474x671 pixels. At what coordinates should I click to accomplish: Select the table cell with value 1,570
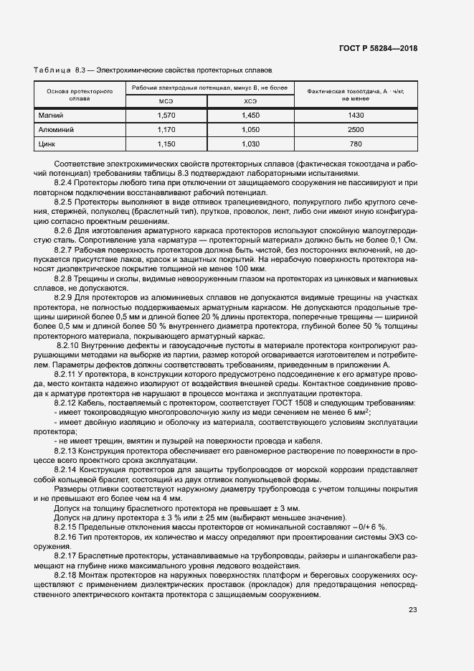(x=166, y=116)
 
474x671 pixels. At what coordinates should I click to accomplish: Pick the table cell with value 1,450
(x=250, y=116)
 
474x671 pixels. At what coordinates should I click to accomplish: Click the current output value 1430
(x=356, y=116)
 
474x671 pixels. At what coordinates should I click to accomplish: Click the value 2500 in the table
(x=356, y=130)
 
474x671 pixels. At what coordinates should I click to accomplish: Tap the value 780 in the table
(x=356, y=144)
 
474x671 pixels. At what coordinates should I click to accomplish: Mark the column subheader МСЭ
(x=166, y=101)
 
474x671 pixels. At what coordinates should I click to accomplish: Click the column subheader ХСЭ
(x=250, y=101)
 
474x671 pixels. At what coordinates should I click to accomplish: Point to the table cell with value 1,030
(x=250, y=144)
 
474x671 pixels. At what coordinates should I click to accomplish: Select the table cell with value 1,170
(x=166, y=130)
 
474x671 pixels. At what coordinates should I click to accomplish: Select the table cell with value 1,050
(x=250, y=130)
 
